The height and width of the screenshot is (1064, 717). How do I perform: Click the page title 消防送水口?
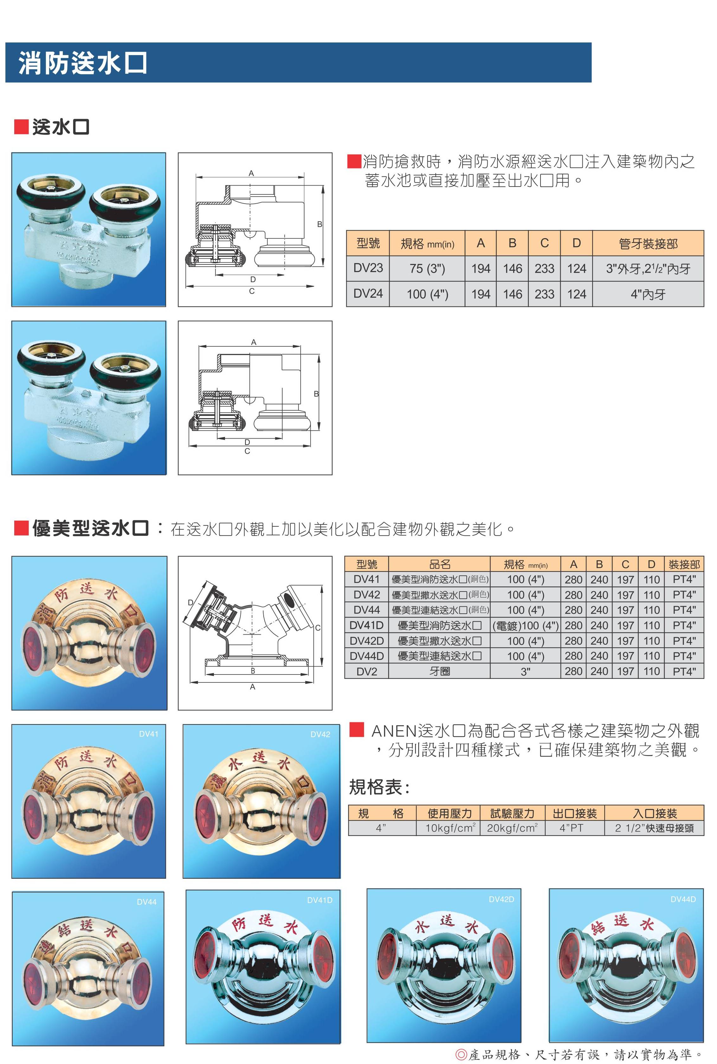tap(83, 63)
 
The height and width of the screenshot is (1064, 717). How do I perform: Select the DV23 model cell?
tap(368, 268)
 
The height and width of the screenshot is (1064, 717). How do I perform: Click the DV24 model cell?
tap(368, 294)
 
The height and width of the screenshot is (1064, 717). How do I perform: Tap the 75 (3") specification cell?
tap(427, 268)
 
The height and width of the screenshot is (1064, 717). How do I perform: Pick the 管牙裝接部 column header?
tap(648, 244)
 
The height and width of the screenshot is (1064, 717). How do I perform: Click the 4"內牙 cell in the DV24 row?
tap(648, 294)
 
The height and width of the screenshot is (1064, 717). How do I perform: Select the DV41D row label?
tap(367, 625)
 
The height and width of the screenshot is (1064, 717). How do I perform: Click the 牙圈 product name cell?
tap(439, 671)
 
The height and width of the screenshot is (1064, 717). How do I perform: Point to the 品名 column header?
tap(439, 564)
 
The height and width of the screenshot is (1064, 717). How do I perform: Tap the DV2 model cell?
tap(367, 671)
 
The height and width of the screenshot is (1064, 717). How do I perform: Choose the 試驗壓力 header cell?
tap(512, 813)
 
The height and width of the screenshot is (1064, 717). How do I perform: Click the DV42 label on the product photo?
tap(320, 734)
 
